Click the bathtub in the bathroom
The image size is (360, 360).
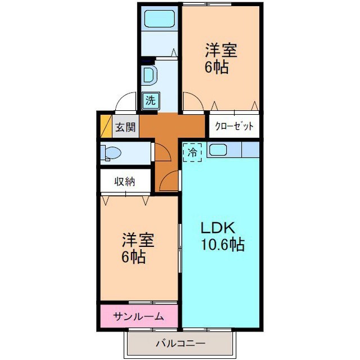[160, 19]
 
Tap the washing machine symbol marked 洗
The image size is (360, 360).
[151, 100]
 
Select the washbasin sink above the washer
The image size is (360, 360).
[150, 75]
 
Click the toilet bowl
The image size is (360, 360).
[111, 152]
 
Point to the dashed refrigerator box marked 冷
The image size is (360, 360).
[192, 152]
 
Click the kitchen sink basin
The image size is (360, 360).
[218, 150]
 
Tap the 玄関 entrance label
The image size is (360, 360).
[125, 127]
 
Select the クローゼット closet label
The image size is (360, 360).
[234, 126]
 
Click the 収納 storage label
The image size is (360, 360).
[125, 182]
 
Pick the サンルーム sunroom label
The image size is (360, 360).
[138, 317]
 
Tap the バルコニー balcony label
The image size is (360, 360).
[180, 344]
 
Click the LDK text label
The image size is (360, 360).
[218, 228]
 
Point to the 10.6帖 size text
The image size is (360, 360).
[223, 244]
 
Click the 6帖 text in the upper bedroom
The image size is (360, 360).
[217, 67]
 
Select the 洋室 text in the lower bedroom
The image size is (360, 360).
[138, 240]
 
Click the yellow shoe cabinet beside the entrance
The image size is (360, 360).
[106, 126]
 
